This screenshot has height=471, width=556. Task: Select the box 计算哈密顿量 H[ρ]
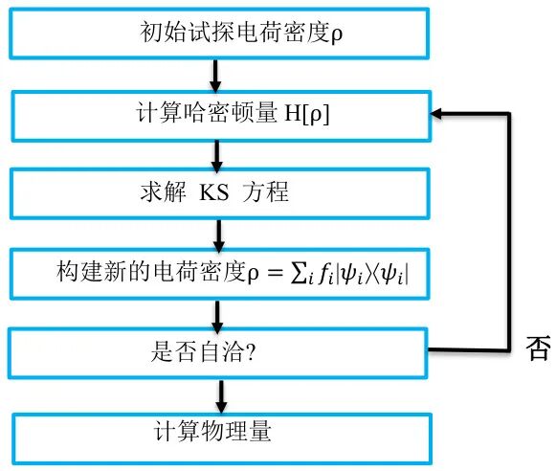pyautogui.click(x=218, y=113)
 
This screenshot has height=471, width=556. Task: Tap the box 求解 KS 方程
pyautogui.click(x=218, y=191)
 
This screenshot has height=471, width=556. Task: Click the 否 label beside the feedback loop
pyautogui.click(x=538, y=348)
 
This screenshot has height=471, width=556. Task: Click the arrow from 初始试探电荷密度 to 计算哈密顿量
pyautogui.click(x=219, y=73)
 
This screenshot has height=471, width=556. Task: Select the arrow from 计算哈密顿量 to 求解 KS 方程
pyautogui.click(x=219, y=153)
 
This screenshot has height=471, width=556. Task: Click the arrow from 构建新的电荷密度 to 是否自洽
pyautogui.click(x=219, y=312)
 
